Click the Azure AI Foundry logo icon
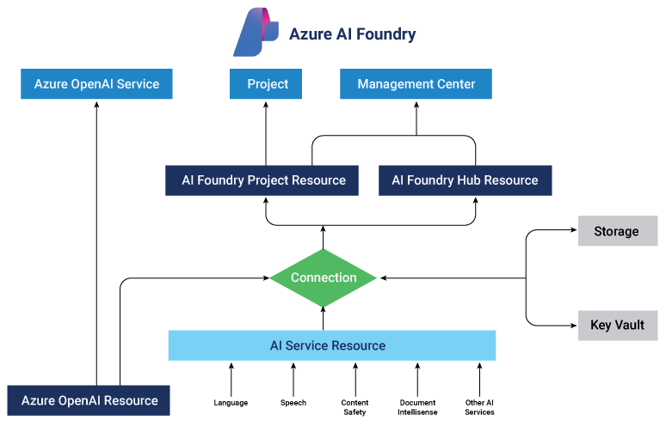point(256,33)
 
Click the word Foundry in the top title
point(383,34)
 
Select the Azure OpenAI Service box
point(96,84)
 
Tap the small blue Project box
point(267,84)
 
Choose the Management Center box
point(416,84)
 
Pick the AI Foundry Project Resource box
point(262,180)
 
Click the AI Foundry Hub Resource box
point(465,180)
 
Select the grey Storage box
point(616,231)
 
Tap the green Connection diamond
point(323,278)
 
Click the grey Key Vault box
point(617,326)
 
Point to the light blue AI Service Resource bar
point(331,345)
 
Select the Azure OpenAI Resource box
point(89,400)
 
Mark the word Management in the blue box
point(393,84)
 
